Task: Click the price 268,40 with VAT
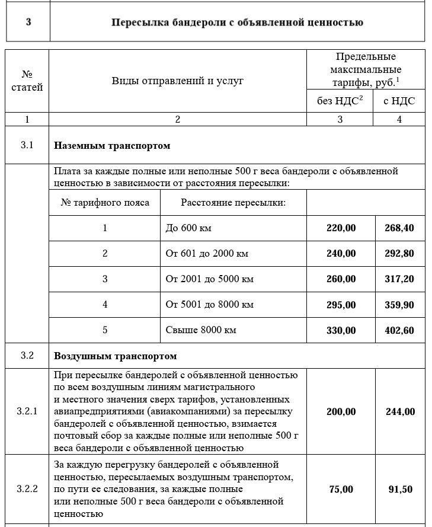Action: point(399,228)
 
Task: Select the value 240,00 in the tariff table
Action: point(341,254)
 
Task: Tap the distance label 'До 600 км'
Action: point(188,228)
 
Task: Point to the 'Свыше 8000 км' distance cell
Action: point(200,330)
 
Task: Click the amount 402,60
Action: point(399,330)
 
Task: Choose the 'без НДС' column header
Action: point(340,101)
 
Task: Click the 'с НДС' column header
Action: point(399,101)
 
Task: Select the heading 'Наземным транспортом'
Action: point(112,145)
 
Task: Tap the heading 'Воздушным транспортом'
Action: point(116,356)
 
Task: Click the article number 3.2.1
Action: point(27,411)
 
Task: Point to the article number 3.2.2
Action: point(27,489)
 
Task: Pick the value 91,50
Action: point(399,489)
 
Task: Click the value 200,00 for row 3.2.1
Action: point(341,411)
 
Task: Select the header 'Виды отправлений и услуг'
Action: point(177,81)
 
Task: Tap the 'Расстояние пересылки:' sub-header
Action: point(233,203)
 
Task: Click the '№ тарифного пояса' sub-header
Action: point(105,203)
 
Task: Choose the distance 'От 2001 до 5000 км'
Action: point(209,279)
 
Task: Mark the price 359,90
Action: point(399,305)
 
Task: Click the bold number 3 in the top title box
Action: point(28,23)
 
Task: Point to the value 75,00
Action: point(341,489)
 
